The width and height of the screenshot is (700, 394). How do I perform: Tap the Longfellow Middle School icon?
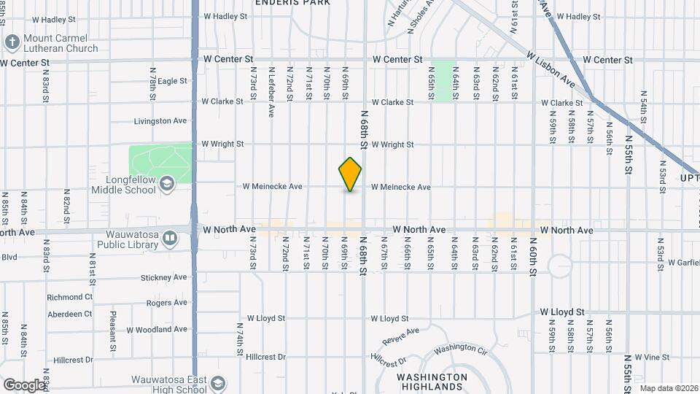tap(168, 183)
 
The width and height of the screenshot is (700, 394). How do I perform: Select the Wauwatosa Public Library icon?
tap(169, 238)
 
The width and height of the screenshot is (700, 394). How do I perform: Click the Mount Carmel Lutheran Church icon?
tap(12, 42)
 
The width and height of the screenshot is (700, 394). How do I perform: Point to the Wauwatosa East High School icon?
tap(217, 384)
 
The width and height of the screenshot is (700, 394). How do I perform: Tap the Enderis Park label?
tap(292, 3)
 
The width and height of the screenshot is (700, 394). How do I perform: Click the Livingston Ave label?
tap(161, 121)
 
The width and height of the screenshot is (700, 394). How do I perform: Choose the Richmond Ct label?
tap(70, 298)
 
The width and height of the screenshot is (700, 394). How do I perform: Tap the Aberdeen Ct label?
tap(70, 314)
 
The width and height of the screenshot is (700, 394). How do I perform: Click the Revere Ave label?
tap(401, 337)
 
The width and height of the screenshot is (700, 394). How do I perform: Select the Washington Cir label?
tap(460, 349)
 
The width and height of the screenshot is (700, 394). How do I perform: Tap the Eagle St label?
tap(173, 81)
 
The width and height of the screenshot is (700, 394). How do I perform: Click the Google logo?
tap(23, 385)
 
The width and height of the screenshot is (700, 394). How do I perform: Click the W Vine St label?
tap(652, 358)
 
